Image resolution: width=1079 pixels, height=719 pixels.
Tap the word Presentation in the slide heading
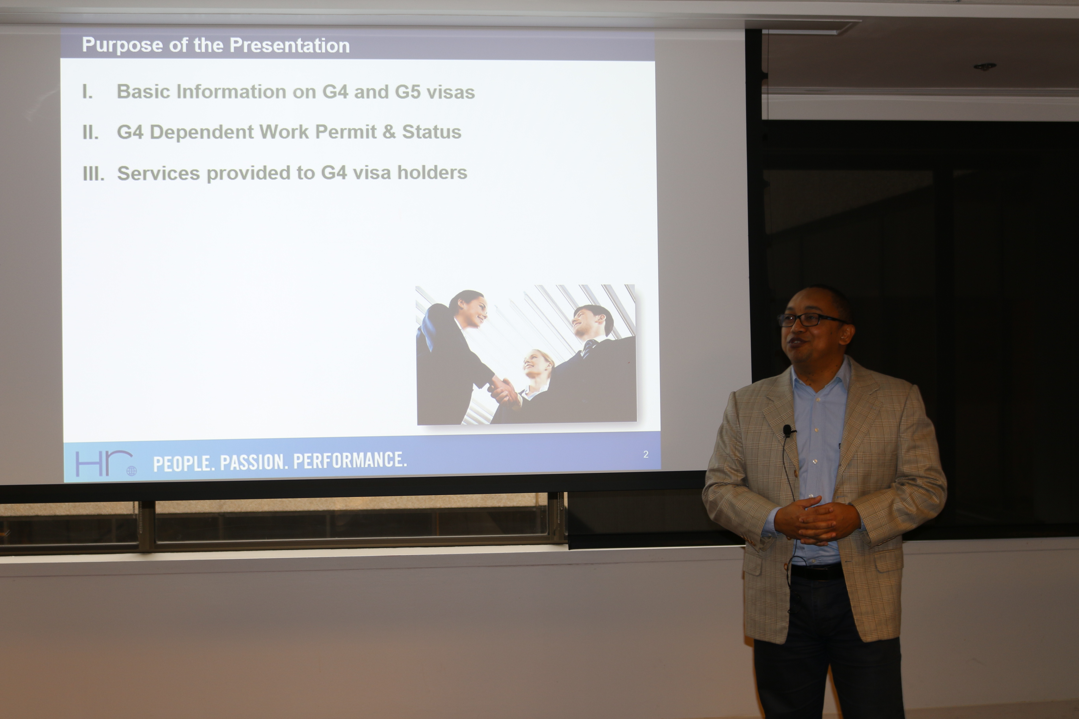pyautogui.click(x=289, y=45)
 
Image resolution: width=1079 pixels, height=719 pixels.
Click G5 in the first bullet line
pyautogui.click(x=407, y=92)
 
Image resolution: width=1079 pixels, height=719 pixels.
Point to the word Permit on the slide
pyautogui.click(x=346, y=132)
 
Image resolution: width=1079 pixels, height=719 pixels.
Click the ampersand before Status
pyautogui.click(x=389, y=132)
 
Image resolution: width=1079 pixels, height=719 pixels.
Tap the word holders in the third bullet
pyautogui.click(x=432, y=173)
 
